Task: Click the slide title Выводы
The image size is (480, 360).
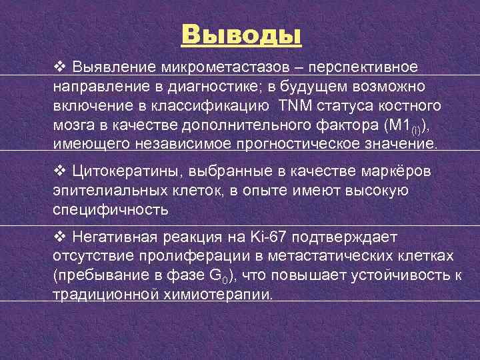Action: [x=241, y=33]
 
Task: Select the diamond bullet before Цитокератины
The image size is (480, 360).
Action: [x=59, y=172]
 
